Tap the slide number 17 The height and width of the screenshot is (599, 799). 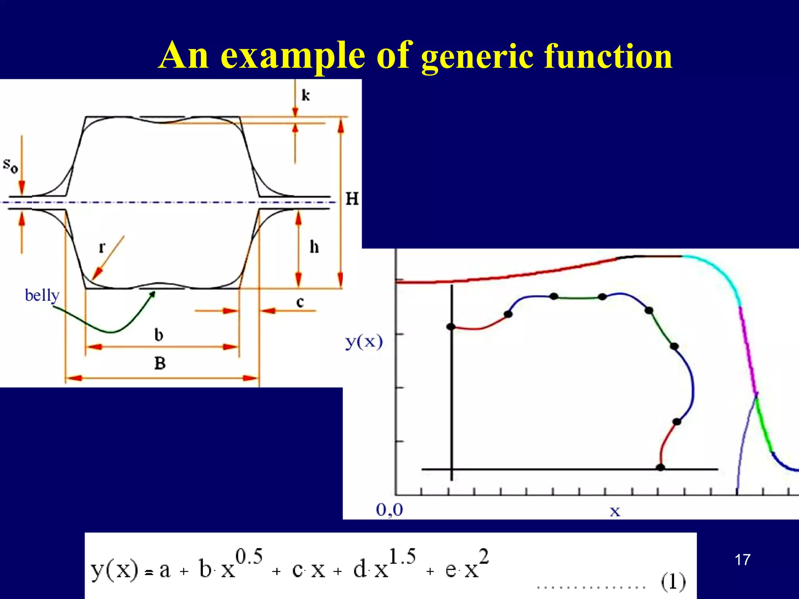click(x=742, y=560)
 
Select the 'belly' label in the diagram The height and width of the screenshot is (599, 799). click(x=42, y=295)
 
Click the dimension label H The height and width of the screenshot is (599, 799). click(x=352, y=199)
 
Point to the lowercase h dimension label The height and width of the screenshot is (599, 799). click(x=314, y=247)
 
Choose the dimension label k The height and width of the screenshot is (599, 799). click(x=305, y=95)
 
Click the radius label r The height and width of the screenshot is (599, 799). click(x=102, y=247)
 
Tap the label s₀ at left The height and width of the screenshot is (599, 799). click(x=11, y=165)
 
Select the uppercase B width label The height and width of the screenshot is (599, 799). click(x=160, y=363)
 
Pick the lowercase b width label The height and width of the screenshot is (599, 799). click(x=159, y=335)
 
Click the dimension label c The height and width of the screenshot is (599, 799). click(x=300, y=302)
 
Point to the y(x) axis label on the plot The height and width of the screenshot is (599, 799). click(x=364, y=342)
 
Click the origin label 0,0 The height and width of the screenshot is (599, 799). click(x=389, y=510)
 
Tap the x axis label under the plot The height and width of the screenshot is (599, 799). click(x=614, y=511)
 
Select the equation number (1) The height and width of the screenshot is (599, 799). click(x=673, y=581)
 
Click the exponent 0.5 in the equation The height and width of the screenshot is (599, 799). click(x=249, y=556)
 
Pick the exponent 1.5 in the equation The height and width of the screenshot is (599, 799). click(x=402, y=556)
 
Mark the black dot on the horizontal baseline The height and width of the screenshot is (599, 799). click(x=660, y=467)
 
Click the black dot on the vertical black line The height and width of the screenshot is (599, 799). click(x=451, y=327)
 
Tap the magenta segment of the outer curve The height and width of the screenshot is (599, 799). click(x=748, y=351)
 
